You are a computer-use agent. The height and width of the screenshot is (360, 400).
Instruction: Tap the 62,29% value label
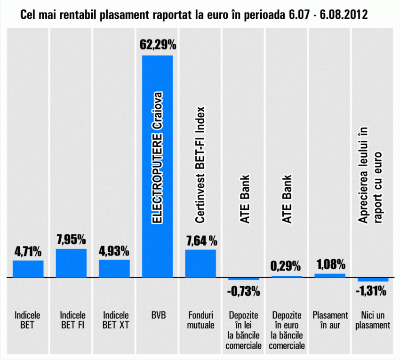pyautogui.click(x=158, y=46)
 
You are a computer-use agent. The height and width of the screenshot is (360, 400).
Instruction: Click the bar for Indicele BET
pyautogui.click(x=28, y=269)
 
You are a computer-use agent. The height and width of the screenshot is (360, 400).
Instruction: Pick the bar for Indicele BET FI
pyautogui.click(x=71, y=263)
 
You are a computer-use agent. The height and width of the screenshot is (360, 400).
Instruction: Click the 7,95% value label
pyautogui.click(x=71, y=240)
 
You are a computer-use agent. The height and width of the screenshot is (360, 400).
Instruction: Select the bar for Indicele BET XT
pyautogui.click(x=114, y=268)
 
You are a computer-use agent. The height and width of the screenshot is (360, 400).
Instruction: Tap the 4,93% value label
pyautogui.click(x=114, y=251)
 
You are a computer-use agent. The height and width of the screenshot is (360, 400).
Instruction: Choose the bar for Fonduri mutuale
pyautogui.click(x=200, y=264)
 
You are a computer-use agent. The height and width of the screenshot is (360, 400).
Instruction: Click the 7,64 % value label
pyautogui.click(x=201, y=241)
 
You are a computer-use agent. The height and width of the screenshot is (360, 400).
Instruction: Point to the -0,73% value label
pyautogui.click(x=243, y=292)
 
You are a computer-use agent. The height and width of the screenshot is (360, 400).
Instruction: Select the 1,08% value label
pyautogui.click(x=330, y=264)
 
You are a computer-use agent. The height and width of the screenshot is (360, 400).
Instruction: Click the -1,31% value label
pyautogui.click(x=373, y=292)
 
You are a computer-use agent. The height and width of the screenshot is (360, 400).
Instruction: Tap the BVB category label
pyautogui.click(x=157, y=314)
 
